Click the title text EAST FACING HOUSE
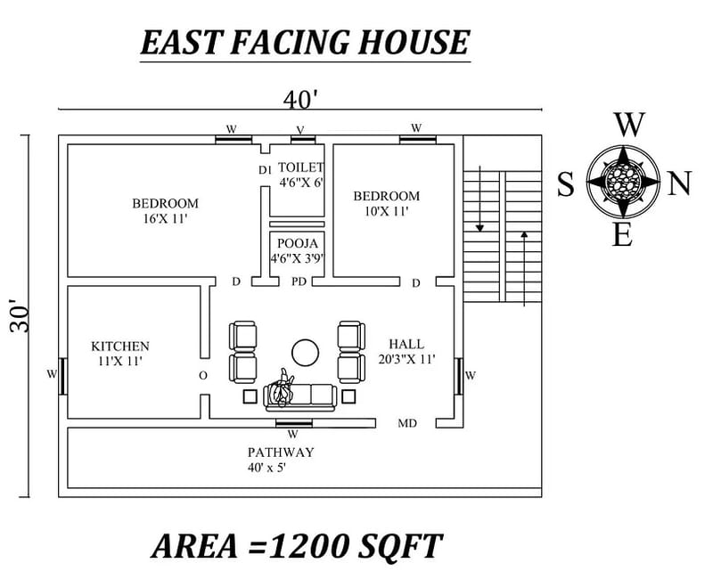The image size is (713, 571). pos(304,43)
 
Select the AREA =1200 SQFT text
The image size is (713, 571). pos(296,544)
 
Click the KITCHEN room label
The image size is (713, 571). pos(120,346)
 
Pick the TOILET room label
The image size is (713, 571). pos(300,167)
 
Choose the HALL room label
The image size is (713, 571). pos(406,344)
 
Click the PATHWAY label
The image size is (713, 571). pos(281,453)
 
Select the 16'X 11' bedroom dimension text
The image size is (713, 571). pos(166,218)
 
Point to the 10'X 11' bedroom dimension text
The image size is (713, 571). pos(386,212)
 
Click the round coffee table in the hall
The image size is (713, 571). pos(306,353)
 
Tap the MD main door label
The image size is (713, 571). pos(406,423)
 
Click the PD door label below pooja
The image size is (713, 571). pos(299,282)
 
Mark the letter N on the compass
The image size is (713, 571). pos(679,184)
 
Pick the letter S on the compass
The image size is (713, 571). pos(566,185)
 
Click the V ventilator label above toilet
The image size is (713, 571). pos(299,130)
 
